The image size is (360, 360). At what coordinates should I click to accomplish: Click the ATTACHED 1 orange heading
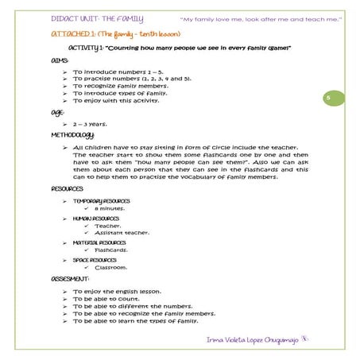(115, 35)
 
